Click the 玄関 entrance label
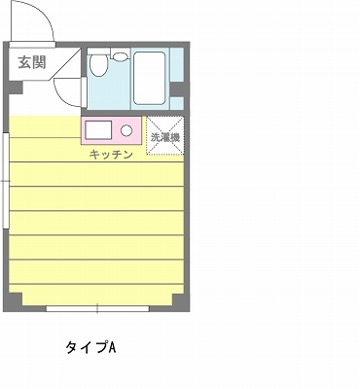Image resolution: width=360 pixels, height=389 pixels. point(32,62)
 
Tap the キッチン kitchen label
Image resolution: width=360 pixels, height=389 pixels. point(111,155)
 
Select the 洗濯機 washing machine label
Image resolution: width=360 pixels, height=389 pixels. point(165,137)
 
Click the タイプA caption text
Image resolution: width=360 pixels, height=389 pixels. point(91,347)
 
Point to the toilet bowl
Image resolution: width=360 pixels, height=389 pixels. point(98,65)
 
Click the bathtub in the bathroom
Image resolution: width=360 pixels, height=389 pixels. point(150,78)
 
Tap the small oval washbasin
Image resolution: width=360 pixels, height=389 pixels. point(120,56)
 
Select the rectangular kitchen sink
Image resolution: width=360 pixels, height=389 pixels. point(98,129)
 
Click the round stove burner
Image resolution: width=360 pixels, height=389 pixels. point(126,130)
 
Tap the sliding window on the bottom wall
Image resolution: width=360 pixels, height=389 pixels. point(97,308)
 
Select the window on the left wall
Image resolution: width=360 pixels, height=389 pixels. point(6,181)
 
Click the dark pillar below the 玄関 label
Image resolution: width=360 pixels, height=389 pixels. point(16,88)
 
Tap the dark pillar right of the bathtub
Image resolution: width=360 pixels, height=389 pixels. point(177,89)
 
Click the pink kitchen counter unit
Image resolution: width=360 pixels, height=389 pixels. point(111,130)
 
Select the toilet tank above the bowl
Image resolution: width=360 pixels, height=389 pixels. point(99,51)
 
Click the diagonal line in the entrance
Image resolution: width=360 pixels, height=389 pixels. point(65,64)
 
